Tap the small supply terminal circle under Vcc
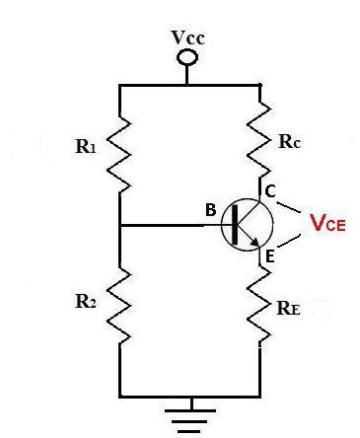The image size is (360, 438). (185, 56)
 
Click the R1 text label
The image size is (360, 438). (86, 147)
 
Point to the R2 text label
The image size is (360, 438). (86, 301)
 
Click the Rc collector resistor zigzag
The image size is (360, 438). (259, 139)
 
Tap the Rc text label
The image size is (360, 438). (290, 141)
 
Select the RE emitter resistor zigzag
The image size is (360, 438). (259, 305)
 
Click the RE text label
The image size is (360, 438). (289, 308)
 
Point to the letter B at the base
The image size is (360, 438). (210, 210)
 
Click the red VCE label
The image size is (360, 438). (327, 223)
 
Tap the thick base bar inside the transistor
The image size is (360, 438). (234, 225)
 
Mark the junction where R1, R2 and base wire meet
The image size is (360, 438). (120, 226)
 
